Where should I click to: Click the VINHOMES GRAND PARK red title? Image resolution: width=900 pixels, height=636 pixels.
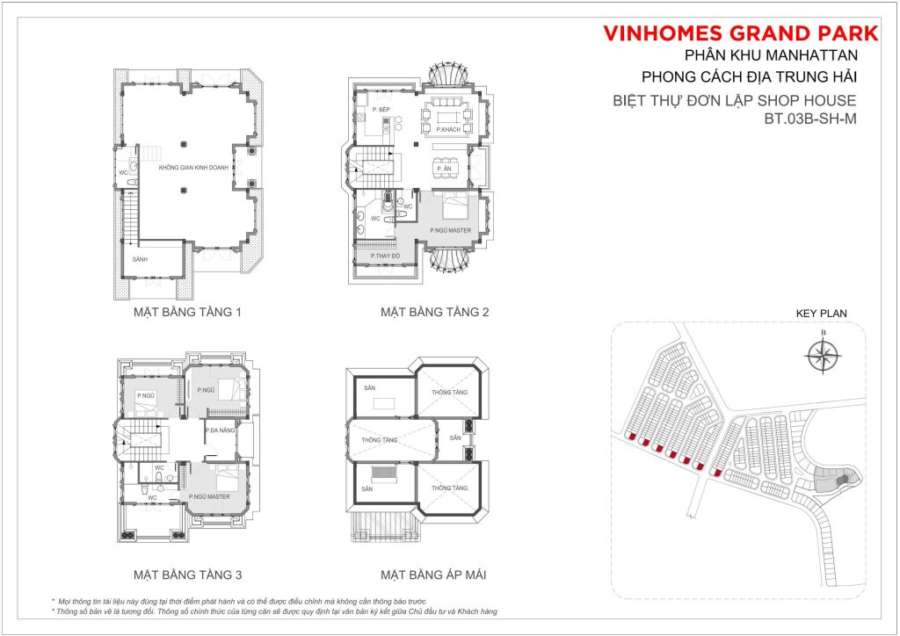coord(740,34)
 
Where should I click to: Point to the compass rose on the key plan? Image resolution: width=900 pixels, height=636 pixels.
coord(823,356)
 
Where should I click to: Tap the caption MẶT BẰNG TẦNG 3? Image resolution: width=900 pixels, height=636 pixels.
coord(187,575)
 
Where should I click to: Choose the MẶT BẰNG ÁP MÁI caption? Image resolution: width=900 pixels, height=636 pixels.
coord(433,575)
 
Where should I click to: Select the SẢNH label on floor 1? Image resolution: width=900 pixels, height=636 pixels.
coord(141,261)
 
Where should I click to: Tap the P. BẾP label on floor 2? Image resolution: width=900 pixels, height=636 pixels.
coord(381,109)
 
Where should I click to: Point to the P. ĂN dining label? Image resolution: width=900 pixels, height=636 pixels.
coord(446,169)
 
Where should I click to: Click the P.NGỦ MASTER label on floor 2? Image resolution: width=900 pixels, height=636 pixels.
coord(451,230)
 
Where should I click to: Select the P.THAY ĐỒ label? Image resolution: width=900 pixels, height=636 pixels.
coord(385,255)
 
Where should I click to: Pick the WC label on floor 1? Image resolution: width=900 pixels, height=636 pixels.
coord(124,173)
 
